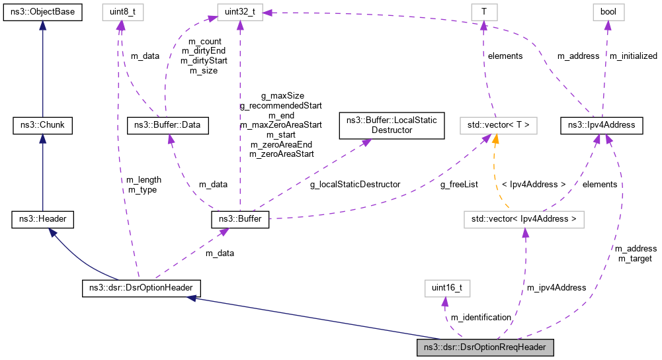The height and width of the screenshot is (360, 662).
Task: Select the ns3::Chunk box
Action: pyautogui.click(x=42, y=124)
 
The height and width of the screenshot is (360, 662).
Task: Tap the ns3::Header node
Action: pyautogui.click(x=42, y=219)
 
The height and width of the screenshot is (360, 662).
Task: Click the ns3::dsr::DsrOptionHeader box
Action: pyautogui.click(x=140, y=288)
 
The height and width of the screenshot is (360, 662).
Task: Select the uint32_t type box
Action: pyautogui.click(x=239, y=11)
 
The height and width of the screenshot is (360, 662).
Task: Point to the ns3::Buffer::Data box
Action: pyautogui.click(x=167, y=124)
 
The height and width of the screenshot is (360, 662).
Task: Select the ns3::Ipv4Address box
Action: pyautogui.click(x=598, y=124)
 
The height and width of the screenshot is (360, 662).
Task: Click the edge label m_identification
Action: pyautogui.click(x=481, y=318)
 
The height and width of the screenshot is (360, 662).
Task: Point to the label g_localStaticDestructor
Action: pyautogui.click(x=355, y=185)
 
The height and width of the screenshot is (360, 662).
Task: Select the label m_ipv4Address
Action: pyautogui.click(x=556, y=287)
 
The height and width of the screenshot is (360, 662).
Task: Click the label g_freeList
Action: pyautogui.click(x=460, y=185)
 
